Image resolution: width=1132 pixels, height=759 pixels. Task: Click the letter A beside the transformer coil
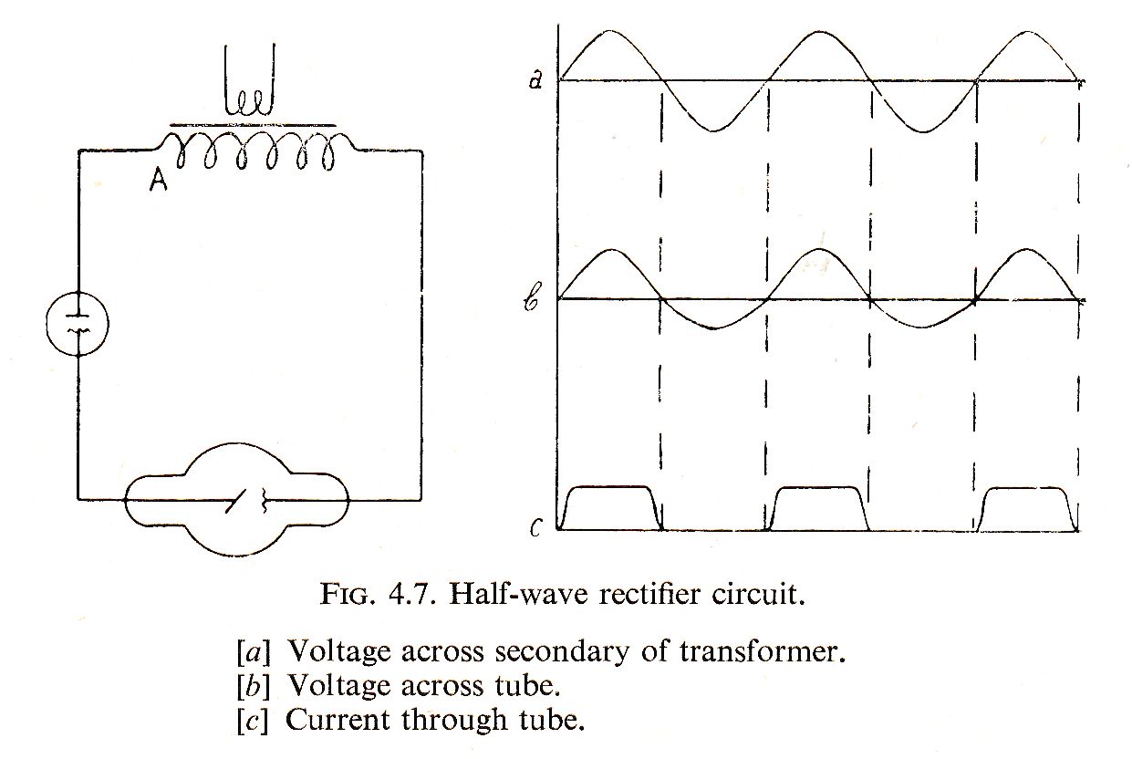pos(158,182)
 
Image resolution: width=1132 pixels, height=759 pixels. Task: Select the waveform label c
pos(536,527)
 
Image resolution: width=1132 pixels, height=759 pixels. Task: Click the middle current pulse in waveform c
pos(817,507)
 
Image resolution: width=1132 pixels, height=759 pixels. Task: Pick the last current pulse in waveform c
pos(1027,507)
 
